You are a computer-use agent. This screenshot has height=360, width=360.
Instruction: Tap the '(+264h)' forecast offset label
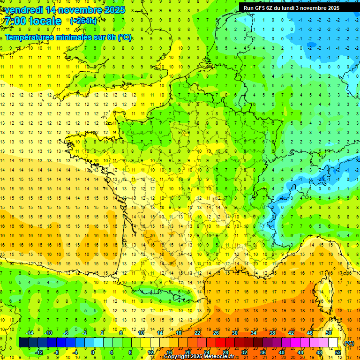point(83,21)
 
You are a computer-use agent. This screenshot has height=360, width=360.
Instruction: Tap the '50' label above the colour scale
point(329,333)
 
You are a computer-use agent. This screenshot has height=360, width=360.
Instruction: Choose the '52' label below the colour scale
point(338,352)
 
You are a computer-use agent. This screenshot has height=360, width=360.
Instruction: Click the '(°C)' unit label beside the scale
point(349,343)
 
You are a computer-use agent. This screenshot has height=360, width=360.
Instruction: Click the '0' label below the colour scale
point(93,352)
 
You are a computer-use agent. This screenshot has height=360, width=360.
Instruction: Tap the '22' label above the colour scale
point(197,333)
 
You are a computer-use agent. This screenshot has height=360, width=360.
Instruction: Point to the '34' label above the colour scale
point(254,333)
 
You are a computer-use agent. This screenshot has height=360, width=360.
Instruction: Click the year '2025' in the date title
point(114,10)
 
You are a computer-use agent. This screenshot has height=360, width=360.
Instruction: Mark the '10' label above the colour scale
point(141,333)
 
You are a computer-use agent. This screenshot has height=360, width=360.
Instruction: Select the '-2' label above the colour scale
point(85,333)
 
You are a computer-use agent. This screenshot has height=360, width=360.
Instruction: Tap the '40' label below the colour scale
point(282,352)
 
